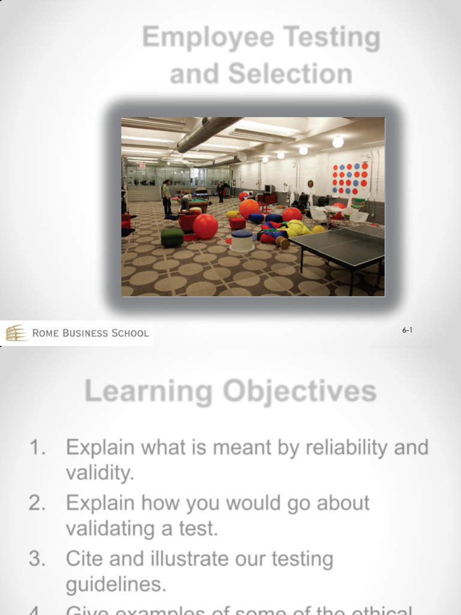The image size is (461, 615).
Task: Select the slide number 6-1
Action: (x=408, y=330)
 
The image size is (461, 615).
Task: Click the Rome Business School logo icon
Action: (x=17, y=333)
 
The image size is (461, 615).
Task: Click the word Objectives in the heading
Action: (x=300, y=392)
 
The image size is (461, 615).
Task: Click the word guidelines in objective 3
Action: (x=116, y=584)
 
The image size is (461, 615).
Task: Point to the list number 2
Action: (x=37, y=503)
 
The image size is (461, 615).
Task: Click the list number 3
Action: (x=37, y=559)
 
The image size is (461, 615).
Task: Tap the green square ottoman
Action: (x=172, y=237)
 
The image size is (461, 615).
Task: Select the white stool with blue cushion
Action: (x=242, y=240)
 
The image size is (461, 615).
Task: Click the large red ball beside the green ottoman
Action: (x=205, y=226)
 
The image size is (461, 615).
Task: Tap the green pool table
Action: (x=196, y=204)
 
